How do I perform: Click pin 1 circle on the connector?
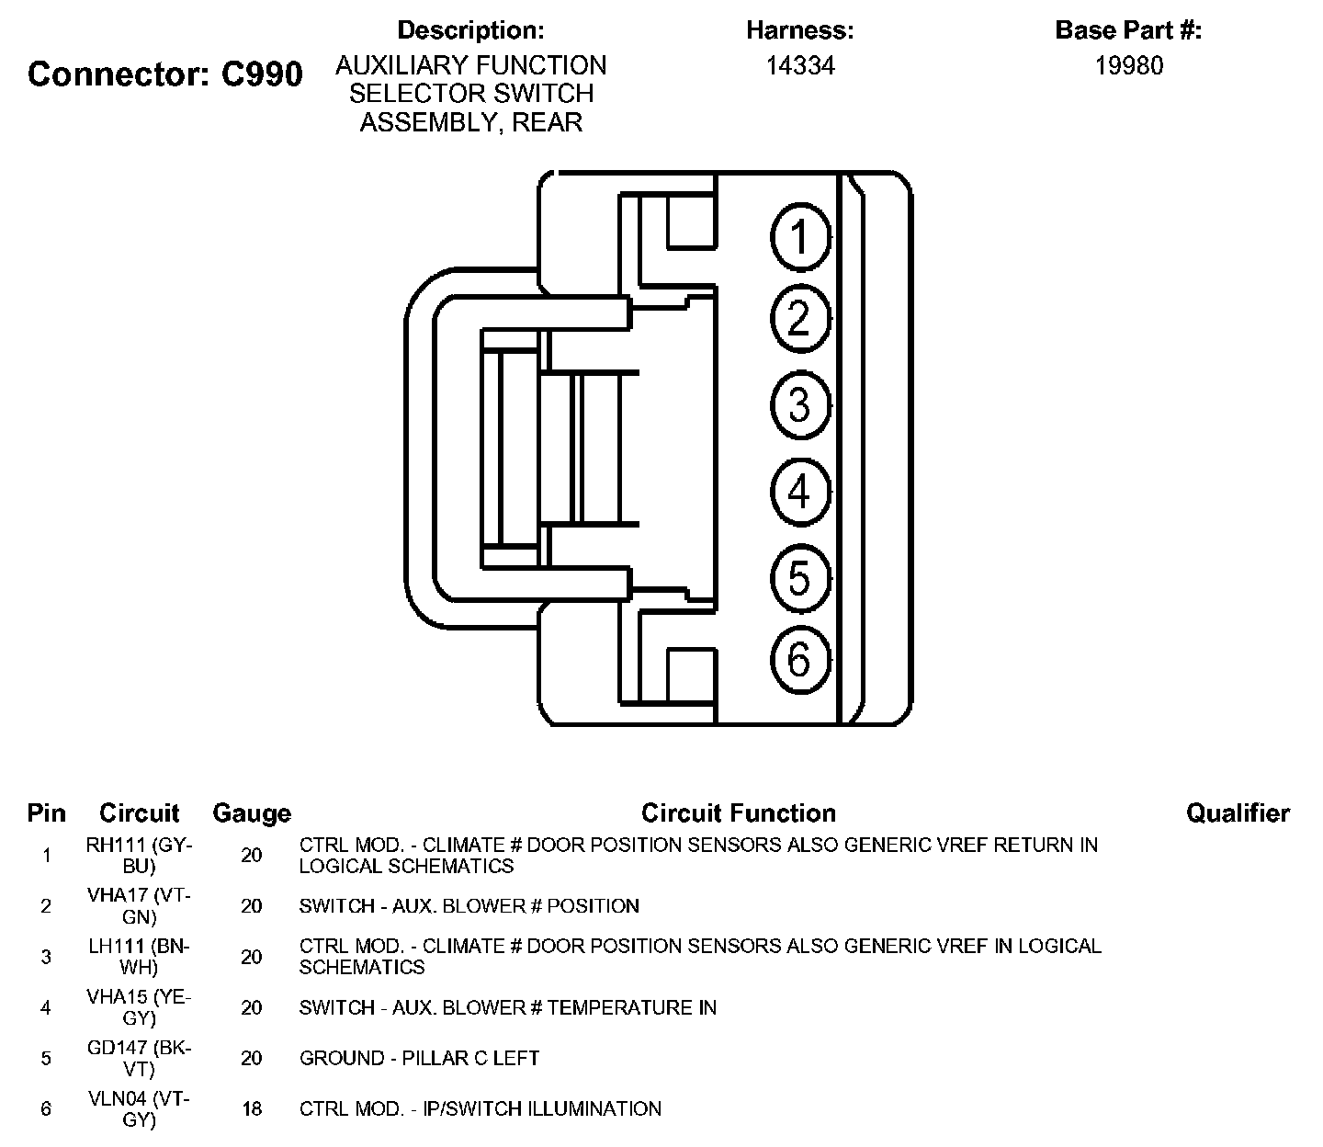[x=800, y=236]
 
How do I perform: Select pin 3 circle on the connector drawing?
[x=800, y=405]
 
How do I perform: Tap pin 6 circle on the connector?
[x=800, y=659]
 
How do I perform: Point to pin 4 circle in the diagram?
[x=800, y=491]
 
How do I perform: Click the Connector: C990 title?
[x=165, y=74]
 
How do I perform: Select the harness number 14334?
[x=800, y=65]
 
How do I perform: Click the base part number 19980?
[x=1129, y=65]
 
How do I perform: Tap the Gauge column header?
[x=252, y=813]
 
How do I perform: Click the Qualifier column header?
[x=1238, y=813]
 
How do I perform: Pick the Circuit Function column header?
[x=739, y=813]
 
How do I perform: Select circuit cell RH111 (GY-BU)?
[x=140, y=855]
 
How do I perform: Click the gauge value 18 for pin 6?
[x=252, y=1108]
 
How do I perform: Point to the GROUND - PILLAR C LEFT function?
[x=419, y=1058]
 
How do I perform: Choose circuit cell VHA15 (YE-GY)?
[x=140, y=1007]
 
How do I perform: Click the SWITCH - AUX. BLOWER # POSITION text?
[x=469, y=906]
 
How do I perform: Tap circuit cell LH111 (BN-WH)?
[x=140, y=957]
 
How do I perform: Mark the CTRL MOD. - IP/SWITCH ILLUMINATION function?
[x=480, y=1108]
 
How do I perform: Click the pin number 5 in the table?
[x=46, y=1058]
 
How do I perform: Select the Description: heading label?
[x=470, y=30]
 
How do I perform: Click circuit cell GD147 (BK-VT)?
[x=140, y=1058]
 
